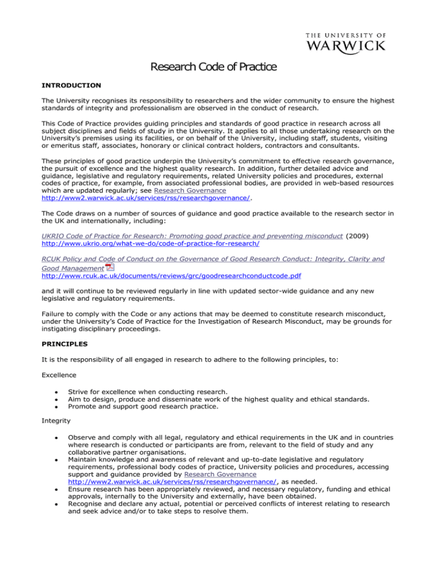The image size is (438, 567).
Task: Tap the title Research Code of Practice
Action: point(213,67)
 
